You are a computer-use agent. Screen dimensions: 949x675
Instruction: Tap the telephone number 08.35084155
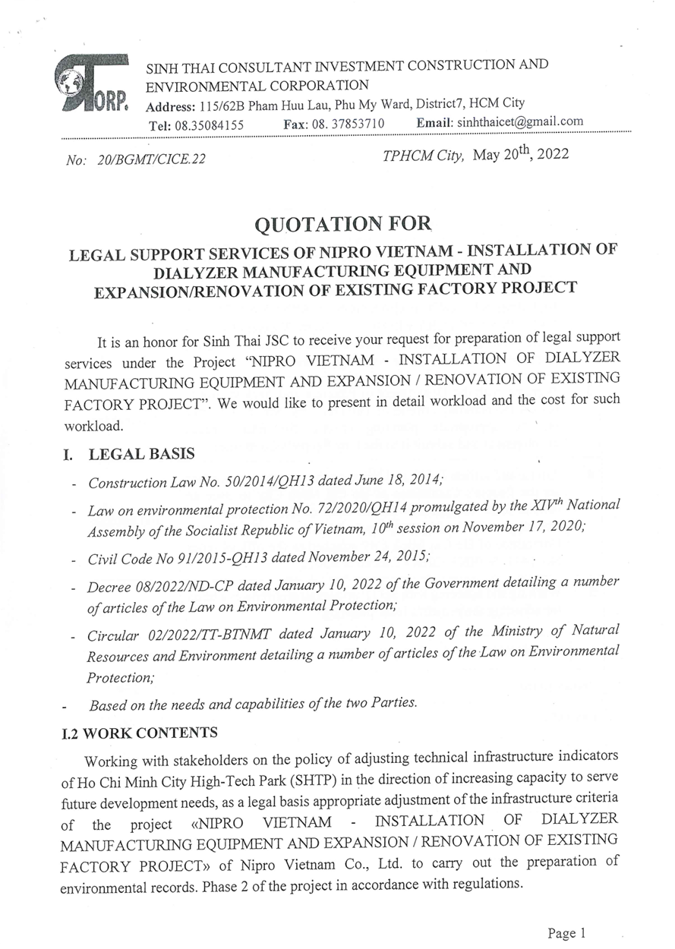point(207,125)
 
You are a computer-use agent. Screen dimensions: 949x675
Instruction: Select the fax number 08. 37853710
point(349,124)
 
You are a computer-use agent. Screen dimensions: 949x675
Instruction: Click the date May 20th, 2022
point(521,154)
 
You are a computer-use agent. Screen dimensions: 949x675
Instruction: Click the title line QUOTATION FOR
point(343,224)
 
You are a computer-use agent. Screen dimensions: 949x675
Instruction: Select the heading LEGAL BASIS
point(142,454)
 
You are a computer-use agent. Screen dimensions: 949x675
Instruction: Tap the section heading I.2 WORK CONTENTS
point(140,733)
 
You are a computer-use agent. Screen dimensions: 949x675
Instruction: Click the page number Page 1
point(566,933)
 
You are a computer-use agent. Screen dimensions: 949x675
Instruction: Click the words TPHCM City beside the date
point(423,156)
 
